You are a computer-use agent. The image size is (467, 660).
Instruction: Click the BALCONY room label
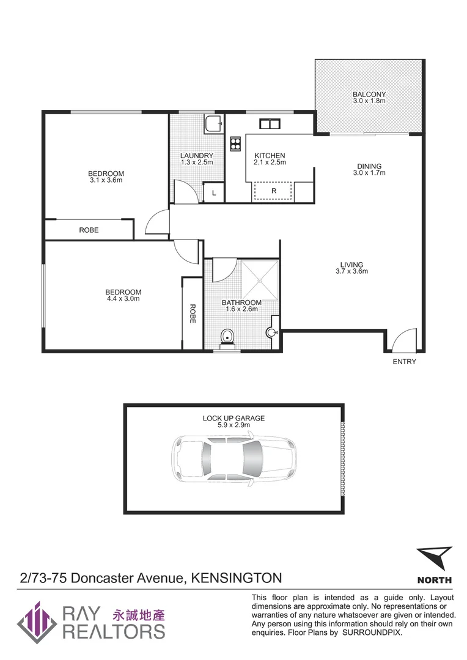[369, 95]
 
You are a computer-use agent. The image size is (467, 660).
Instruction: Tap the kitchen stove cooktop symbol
[235, 144]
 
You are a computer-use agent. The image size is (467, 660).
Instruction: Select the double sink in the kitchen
[269, 125]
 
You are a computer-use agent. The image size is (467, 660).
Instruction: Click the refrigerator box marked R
[274, 191]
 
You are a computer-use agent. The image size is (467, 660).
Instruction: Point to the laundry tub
[213, 125]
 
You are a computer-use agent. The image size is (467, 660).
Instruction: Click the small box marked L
[213, 193]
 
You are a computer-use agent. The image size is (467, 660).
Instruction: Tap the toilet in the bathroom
[227, 337]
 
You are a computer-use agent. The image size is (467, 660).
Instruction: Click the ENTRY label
[405, 362]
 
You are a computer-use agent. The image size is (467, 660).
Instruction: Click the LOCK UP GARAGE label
[233, 419]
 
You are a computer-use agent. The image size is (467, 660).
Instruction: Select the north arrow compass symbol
[435, 559]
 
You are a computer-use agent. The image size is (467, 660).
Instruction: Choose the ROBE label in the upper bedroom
[89, 230]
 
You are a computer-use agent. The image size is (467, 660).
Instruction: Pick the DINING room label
[369, 166]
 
